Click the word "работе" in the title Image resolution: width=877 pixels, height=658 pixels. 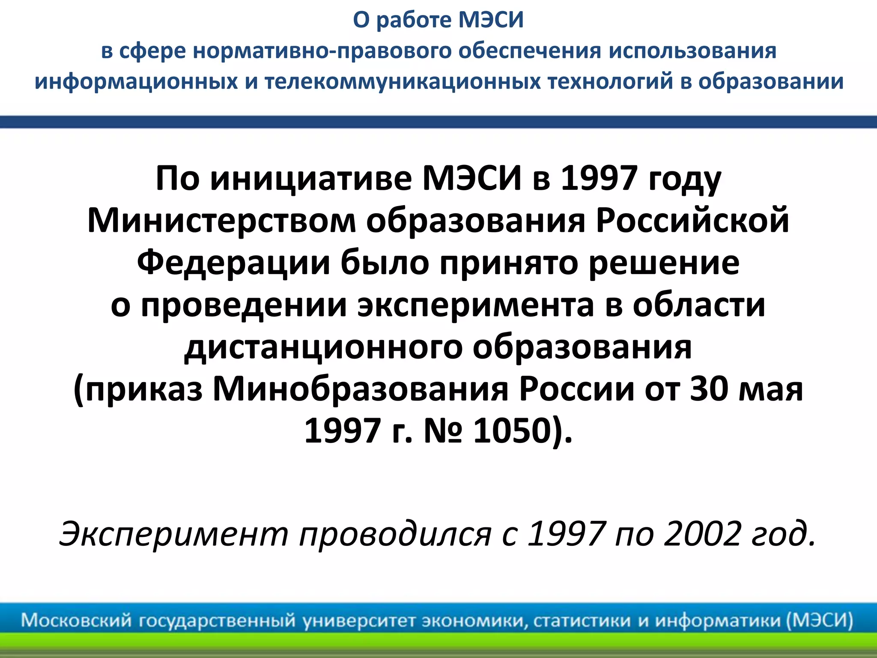coord(414,21)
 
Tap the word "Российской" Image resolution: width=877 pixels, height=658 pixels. coord(692,220)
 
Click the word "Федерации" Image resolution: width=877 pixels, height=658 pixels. coord(233,262)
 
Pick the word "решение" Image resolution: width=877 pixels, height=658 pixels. coord(664,262)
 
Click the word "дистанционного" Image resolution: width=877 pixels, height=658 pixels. coord(323,347)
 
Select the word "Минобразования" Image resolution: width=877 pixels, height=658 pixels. coord(360,389)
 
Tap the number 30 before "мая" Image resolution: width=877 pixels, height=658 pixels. coord(709,389)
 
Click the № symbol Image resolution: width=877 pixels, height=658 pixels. coord(443,431)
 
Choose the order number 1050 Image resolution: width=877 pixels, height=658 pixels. coord(512,431)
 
